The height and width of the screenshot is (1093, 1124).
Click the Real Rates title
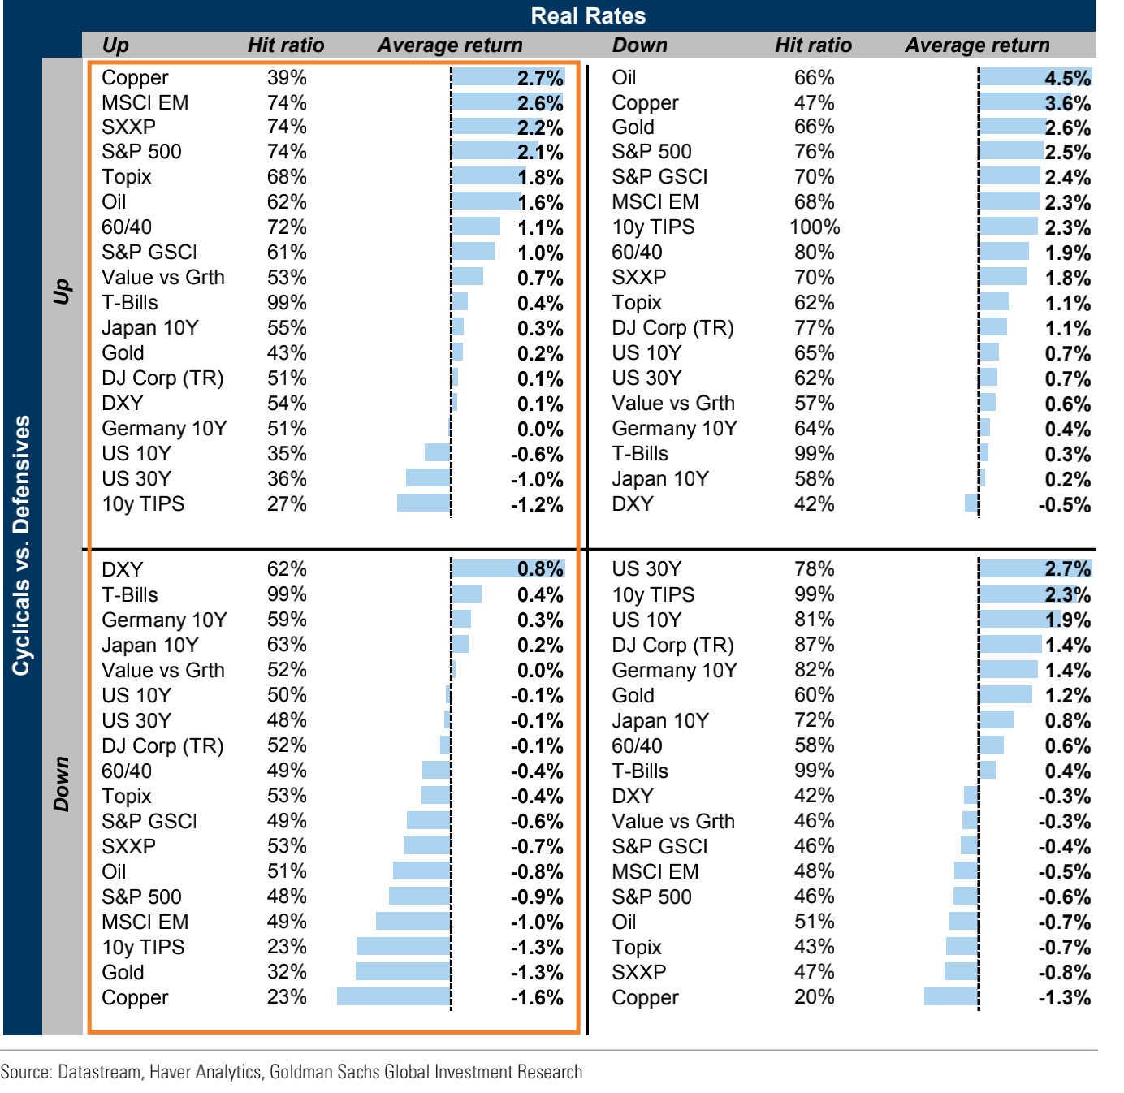coord(588,15)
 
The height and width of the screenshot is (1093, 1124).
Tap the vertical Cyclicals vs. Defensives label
coord(21,545)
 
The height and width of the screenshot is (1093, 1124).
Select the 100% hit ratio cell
coord(815,227)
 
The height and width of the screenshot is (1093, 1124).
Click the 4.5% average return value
coord(1067,78)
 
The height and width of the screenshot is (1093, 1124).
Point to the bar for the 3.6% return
coord(1012,103)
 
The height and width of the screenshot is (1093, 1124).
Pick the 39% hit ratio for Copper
coord(287,78)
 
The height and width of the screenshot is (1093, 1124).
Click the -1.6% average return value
coord(537,998)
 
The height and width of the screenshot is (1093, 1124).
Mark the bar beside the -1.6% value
coord(394,997)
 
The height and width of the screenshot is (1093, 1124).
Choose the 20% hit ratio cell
coord(815,997)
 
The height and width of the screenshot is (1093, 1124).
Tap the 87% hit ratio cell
coord(815,645)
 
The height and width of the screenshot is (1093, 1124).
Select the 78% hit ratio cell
coord(815,569)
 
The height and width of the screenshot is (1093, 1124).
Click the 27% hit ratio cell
coord(287,504)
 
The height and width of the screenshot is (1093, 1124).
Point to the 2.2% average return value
coord(540,128)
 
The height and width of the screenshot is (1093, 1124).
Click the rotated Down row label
coord(62,784)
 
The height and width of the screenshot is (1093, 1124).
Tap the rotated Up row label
coord(62,291)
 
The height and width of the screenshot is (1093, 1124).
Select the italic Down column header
coord(639,45)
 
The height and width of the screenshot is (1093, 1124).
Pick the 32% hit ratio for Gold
coord(287,972)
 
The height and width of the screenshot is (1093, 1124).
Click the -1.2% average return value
coord(537,505)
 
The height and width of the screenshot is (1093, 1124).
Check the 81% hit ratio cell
coord(815,620)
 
